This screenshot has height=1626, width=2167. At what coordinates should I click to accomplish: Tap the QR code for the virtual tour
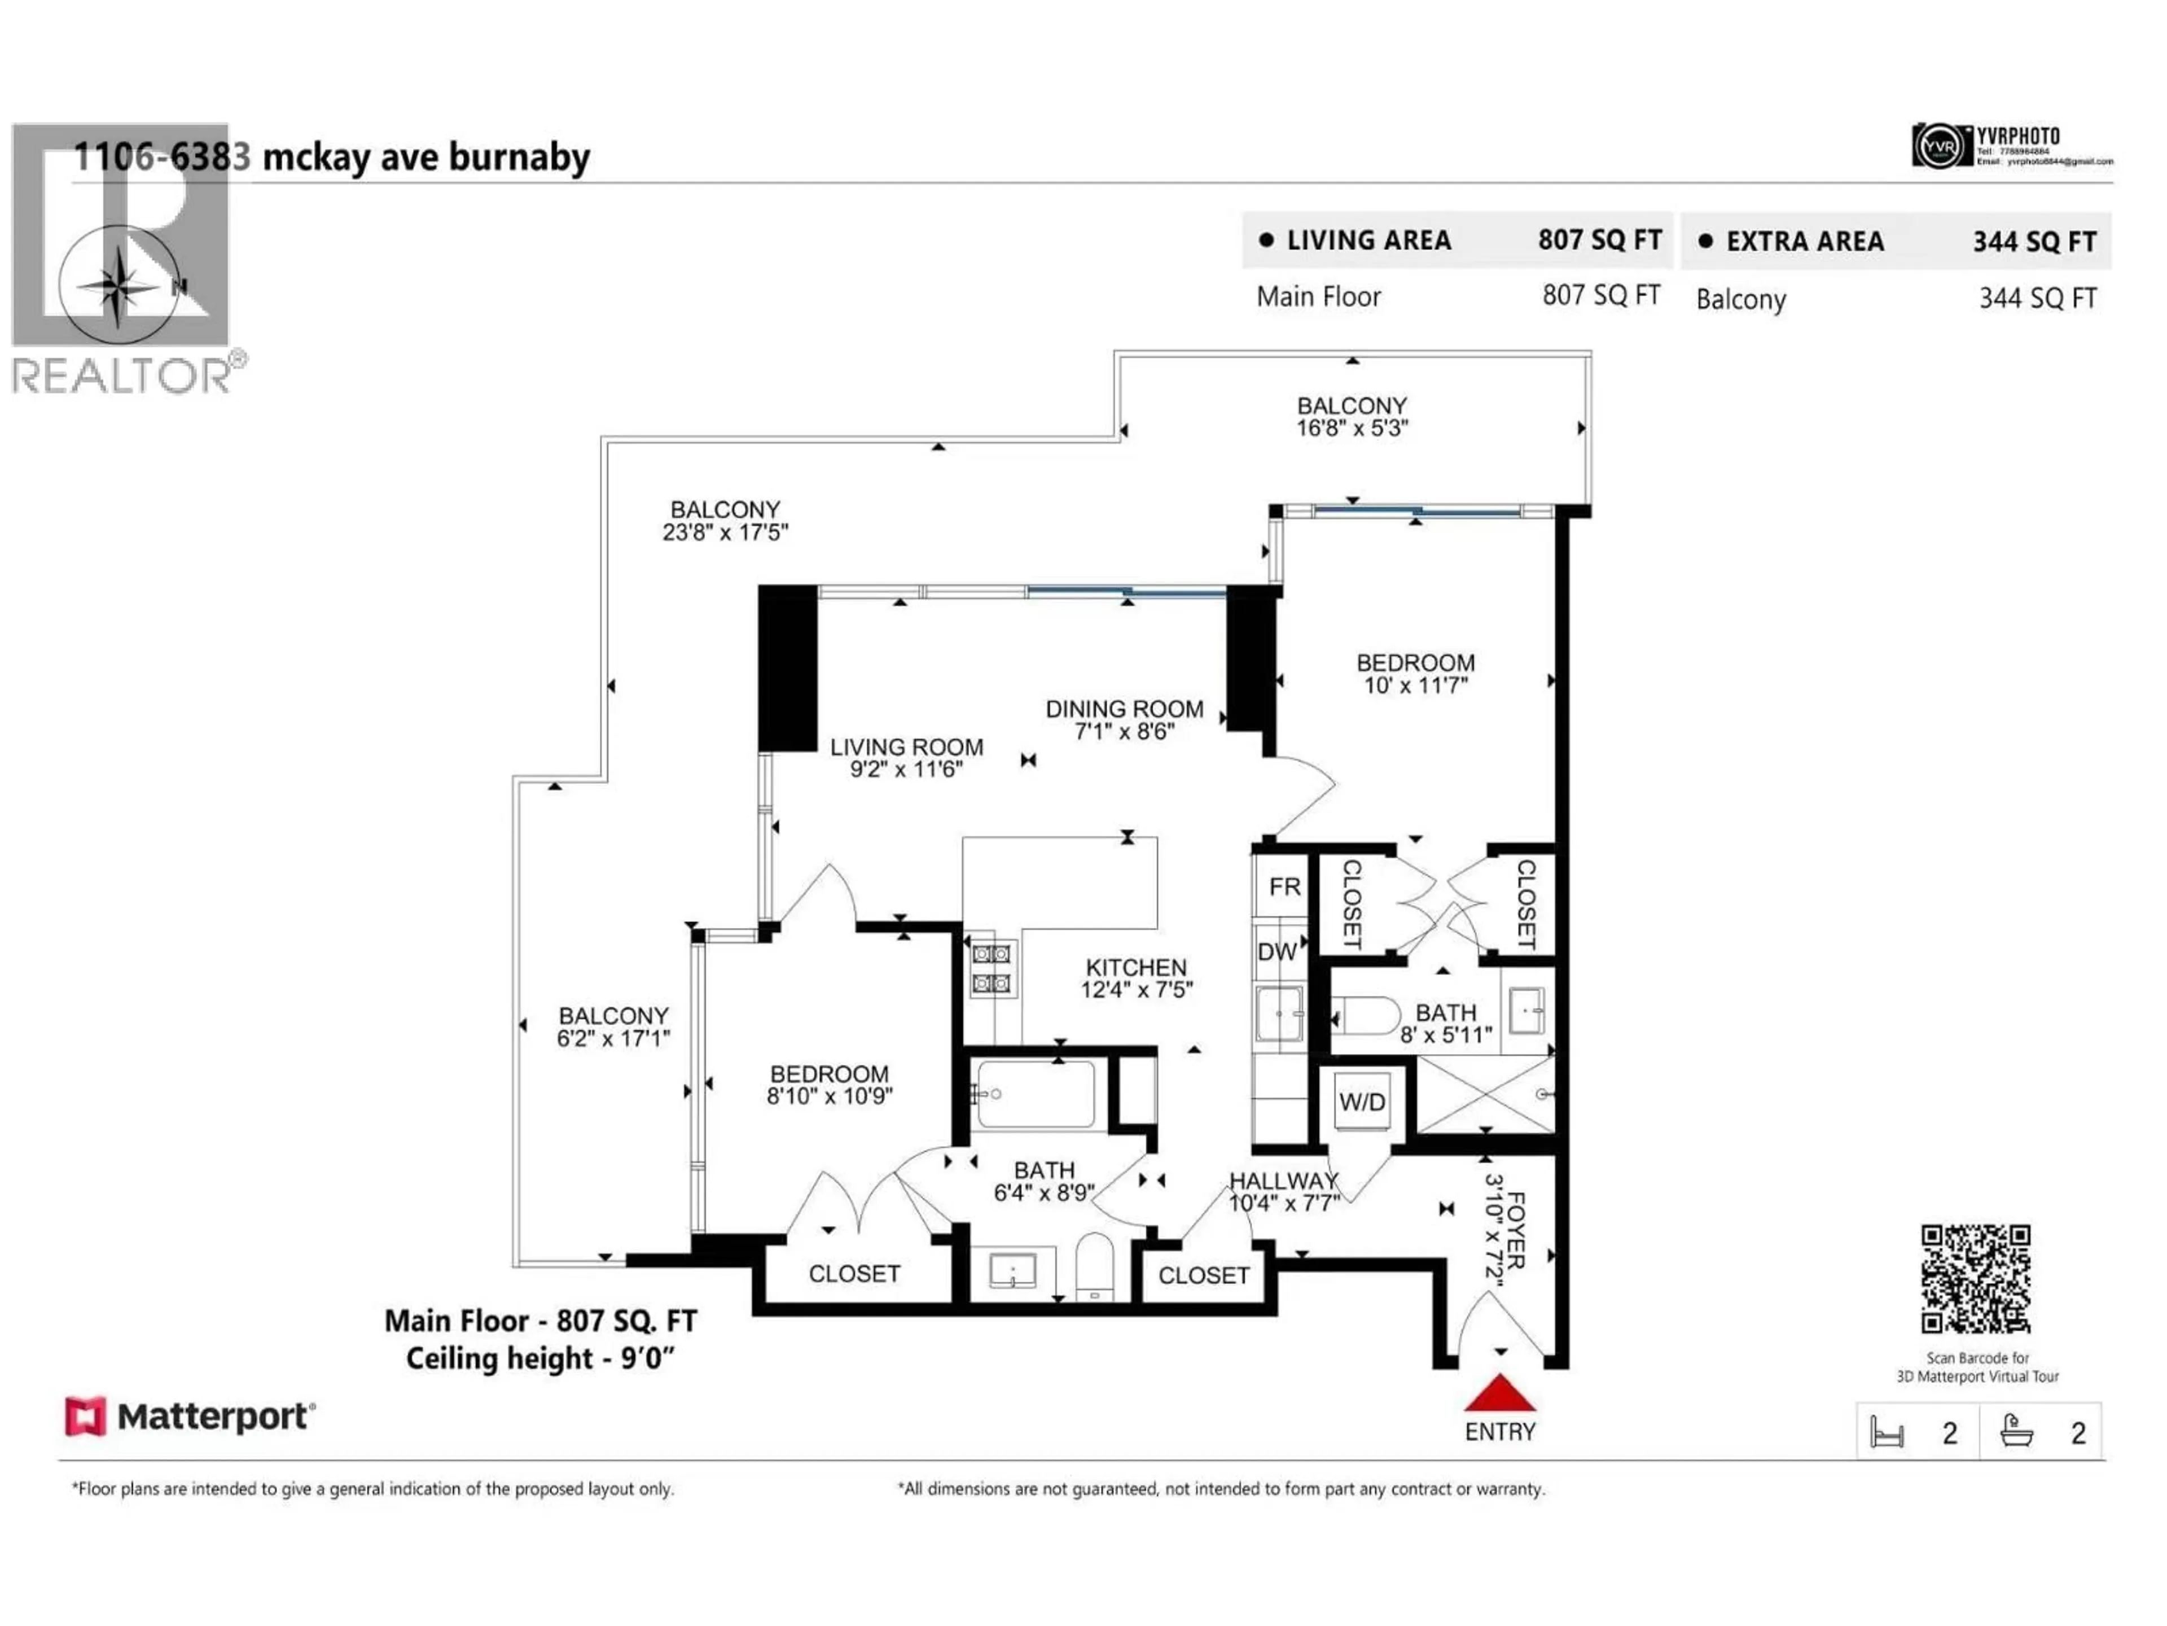point(1975,1278)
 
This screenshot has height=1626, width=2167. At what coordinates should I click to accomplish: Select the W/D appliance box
point(1362,1102)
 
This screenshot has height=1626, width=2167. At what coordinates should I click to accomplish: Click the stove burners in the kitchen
point(990,967)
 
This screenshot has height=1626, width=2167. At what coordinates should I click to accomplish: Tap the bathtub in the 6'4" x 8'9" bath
point(1036,1094)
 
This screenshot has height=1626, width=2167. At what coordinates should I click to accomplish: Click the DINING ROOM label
point(1124,709)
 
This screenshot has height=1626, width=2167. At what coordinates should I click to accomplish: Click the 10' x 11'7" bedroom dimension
point(1415,685)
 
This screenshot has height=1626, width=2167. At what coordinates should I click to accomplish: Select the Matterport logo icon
point(85,1416)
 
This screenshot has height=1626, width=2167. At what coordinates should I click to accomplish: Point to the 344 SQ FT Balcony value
point(2038,299)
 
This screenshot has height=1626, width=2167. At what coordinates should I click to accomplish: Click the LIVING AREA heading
point(1368,240)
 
